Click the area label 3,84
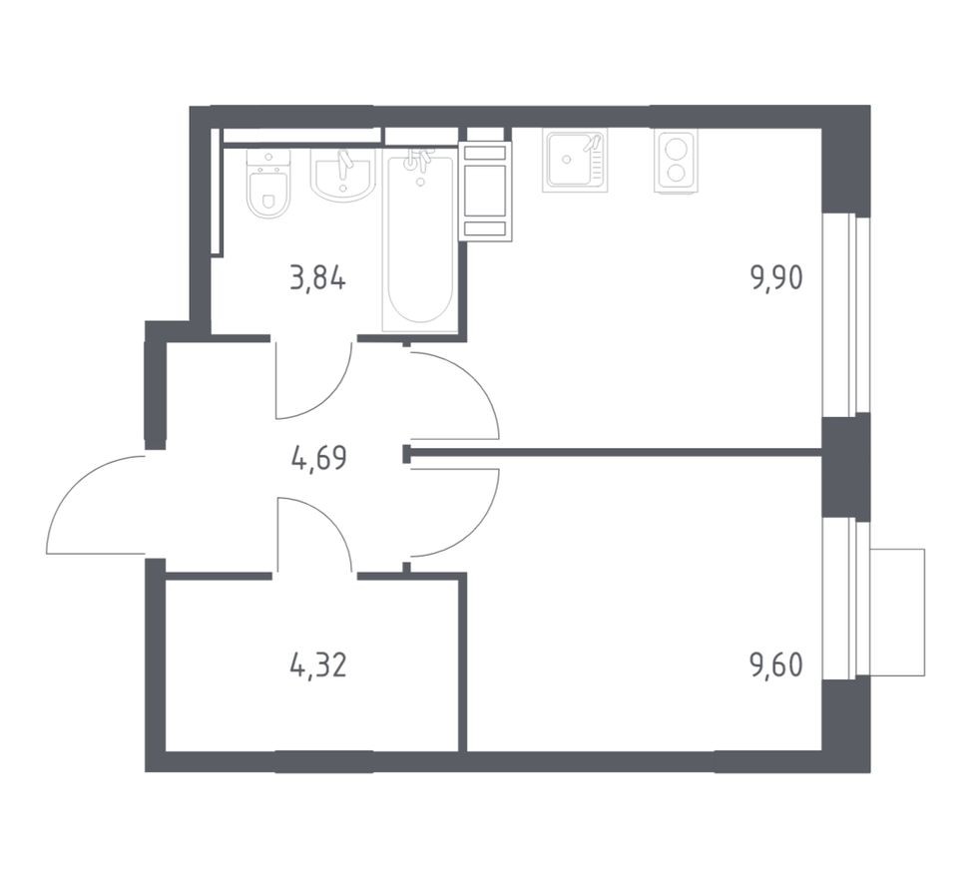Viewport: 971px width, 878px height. (x=317, y=278)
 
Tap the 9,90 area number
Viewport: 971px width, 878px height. (x=776, y=278)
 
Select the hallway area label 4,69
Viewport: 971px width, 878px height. (x=319, y=462)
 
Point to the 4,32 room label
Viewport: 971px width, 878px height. (x=317, y=663)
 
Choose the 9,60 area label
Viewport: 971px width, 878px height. (x=776, y=663)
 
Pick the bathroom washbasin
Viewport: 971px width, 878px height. (x=343, y=176)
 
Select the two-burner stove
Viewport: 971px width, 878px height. (x=676, y=161)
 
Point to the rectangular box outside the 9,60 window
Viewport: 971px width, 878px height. (x=897, y=612)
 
